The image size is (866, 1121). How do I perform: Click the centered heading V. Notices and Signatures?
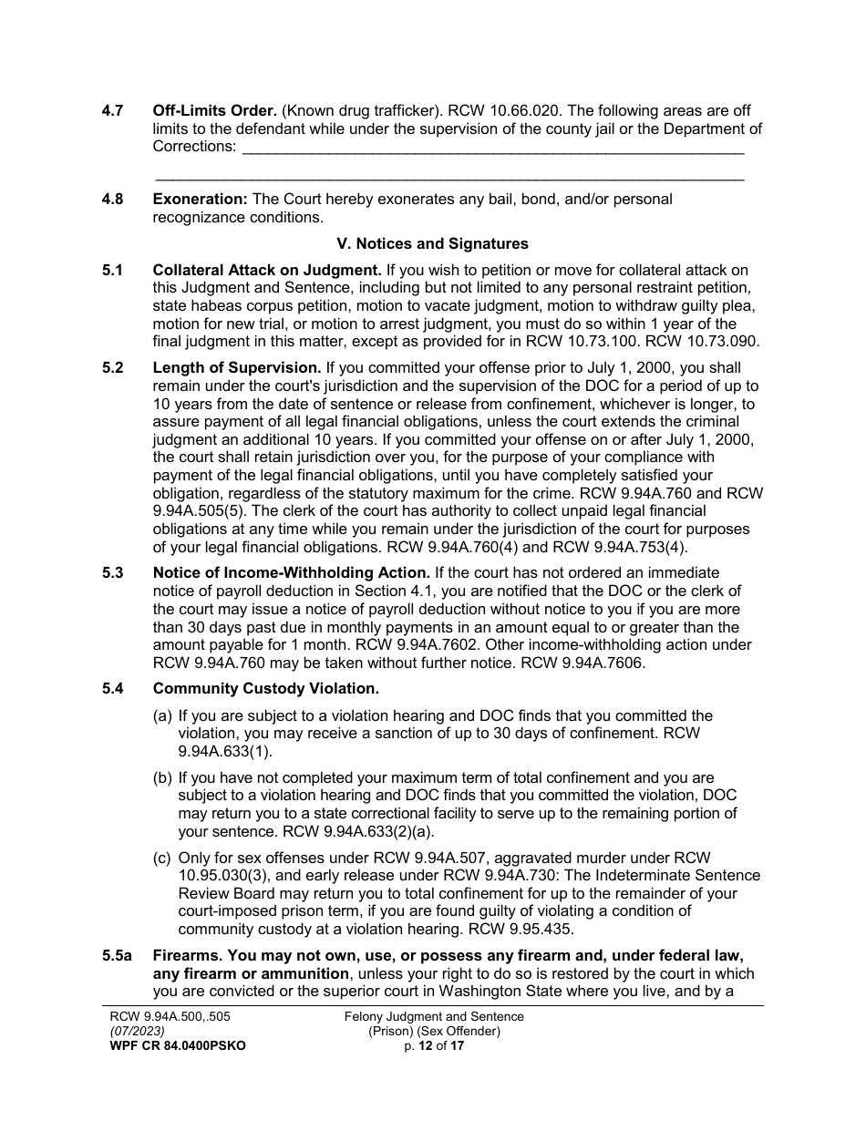[432, 244]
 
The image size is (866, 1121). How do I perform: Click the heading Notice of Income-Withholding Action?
[291, 572]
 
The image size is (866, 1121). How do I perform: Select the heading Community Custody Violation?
[265, 689]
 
